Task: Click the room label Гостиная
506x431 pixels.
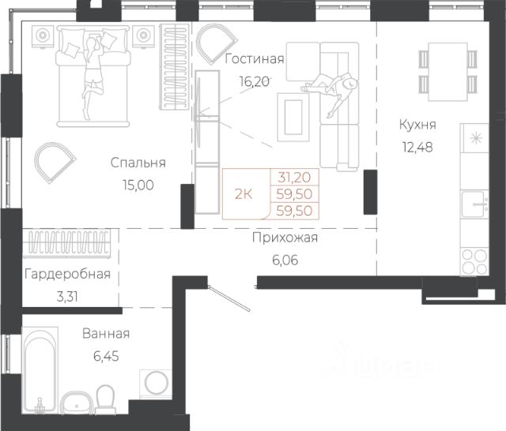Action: click(x=255, y=59)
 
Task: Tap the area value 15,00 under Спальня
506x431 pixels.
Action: click(x=138, y=186)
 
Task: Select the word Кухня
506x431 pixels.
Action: click(x=417, y=125)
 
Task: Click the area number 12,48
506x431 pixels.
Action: click(x=417, y=147)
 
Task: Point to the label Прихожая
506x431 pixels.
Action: click(x=285, y=238)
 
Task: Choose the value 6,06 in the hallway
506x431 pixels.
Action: click(x=285, y=260)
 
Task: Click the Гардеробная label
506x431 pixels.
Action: click(x=67, y=274)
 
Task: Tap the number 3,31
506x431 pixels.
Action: click(x=67, y=297)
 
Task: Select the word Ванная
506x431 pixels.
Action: click(x=106, y=334)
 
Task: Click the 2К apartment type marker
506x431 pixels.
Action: click(x=244, y=194)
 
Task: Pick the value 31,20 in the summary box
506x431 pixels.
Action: click(x=294, y=177)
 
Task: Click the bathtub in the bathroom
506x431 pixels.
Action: click(x=40, y=370)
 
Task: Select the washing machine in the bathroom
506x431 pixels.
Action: click(x=156, y=384)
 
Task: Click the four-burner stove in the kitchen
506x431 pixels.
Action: click(x=474, y=261)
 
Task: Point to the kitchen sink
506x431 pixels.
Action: click(x=474, y=204)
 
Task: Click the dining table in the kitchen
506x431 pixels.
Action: click(x=448, y=72)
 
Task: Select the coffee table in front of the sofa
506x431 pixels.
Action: click(x=293, y=117)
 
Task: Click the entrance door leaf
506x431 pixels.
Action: click(x=228, y=298)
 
